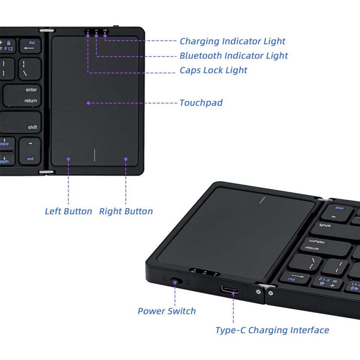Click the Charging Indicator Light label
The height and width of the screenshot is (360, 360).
pos(232,41)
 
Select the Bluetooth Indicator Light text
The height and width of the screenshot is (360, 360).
pos(233,56)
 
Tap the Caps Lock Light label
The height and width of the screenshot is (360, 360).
pos(213,70)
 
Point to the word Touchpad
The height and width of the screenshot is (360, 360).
pos(201,103)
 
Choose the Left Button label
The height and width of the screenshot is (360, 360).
pos(68,211)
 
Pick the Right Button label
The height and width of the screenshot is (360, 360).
pos(126,211)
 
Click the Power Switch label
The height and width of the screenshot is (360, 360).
pos(167,311)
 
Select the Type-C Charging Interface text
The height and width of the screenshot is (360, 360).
pos(272,330)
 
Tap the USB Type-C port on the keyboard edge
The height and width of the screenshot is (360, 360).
pos(229,290)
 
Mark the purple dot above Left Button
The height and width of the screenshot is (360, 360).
pos(68,159)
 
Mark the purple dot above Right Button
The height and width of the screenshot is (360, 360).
pos(126,159)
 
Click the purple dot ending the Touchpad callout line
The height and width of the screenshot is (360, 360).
pos(88,103)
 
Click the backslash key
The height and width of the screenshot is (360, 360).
pos(29,68)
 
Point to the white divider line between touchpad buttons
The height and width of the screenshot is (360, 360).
pos(95,155)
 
